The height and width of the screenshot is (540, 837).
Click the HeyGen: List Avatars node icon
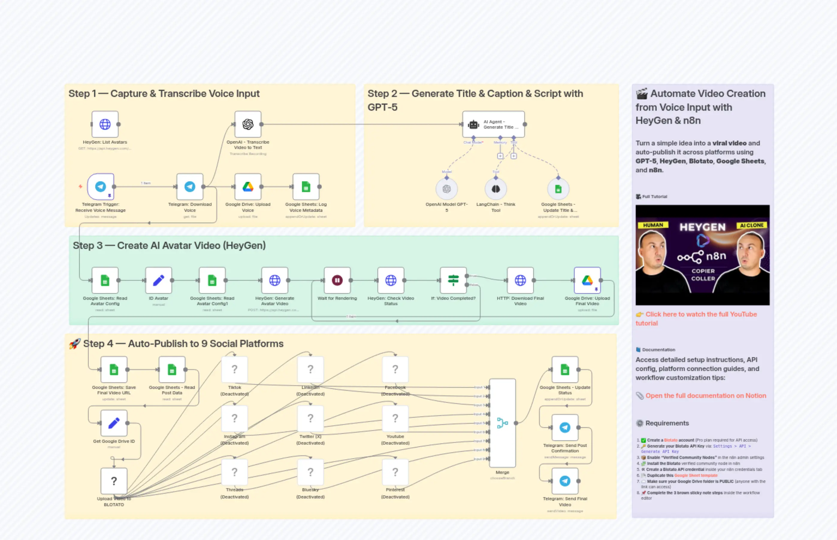105,124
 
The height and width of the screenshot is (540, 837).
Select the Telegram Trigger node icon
101,187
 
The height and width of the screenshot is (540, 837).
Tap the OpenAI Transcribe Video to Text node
248,124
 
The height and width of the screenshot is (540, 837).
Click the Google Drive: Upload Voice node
248,187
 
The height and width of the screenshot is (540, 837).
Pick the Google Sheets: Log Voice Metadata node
306,187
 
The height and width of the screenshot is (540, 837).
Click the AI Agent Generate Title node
493,124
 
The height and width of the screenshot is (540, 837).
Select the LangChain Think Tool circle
495,189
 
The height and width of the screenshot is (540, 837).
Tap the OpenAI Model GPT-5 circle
446,189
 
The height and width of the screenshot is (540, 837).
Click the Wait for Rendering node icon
337,280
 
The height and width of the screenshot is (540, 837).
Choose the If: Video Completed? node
453,280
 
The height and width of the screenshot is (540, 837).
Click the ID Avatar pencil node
158,280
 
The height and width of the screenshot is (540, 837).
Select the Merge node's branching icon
502,423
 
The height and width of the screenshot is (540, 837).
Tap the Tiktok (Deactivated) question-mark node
235,369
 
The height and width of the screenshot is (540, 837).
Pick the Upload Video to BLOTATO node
114,481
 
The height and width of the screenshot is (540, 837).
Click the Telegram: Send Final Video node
565,481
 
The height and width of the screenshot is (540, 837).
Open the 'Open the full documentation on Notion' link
705,396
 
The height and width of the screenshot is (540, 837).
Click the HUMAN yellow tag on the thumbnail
653,225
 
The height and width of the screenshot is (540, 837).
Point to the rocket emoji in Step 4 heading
74,344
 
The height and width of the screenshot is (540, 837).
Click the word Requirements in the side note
667,423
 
